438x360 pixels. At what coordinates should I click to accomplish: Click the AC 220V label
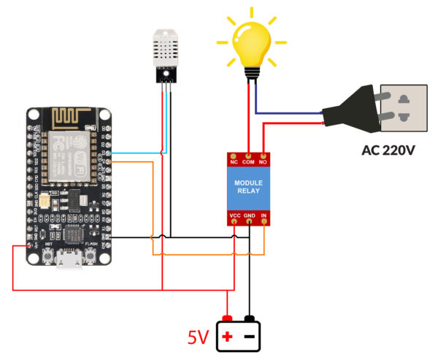click(388, 151)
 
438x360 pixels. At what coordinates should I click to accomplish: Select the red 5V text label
click(199, 337)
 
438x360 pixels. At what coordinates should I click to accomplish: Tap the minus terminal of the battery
click(250, 337)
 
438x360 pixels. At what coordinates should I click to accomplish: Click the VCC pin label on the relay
click(234, 216)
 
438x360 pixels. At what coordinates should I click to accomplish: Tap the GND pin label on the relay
click(250, 216)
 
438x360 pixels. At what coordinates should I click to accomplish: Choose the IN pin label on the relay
click(264, 216)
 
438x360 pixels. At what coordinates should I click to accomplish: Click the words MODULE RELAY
click(249, 187)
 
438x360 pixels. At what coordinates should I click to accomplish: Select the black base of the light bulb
click(252, 72)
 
